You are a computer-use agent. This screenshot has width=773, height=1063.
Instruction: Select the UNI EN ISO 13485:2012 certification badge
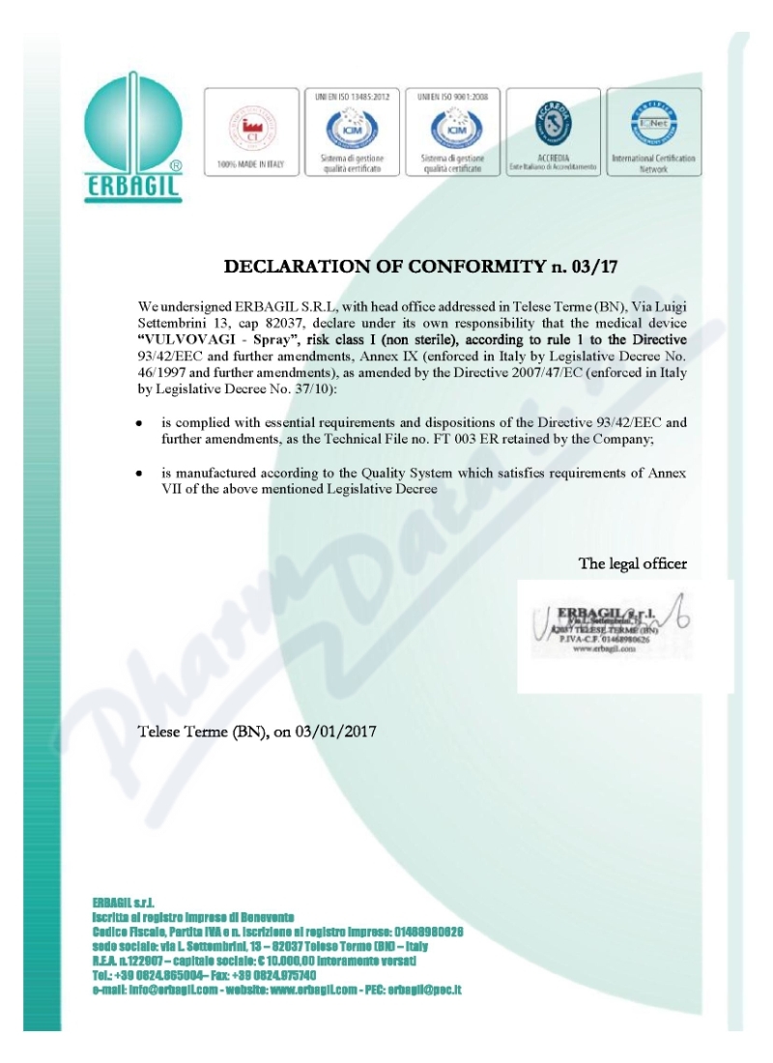344,131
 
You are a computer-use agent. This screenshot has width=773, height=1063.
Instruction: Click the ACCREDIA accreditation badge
554,131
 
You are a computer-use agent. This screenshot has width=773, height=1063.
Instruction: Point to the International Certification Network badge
653,131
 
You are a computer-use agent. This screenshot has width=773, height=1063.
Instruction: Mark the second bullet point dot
140,474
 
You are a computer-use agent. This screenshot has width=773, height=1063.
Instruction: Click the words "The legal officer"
632,563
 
